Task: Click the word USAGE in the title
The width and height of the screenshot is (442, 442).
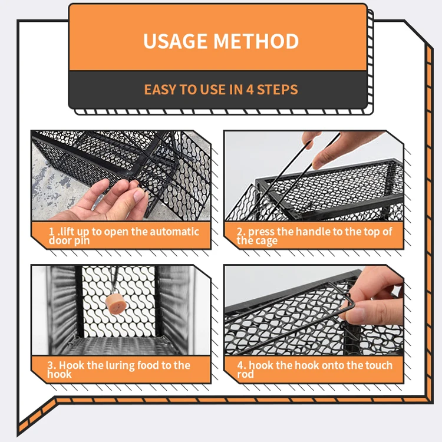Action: [175, 41]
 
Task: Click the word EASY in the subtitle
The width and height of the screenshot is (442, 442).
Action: [160, 90]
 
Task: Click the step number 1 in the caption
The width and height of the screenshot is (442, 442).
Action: [52, 232]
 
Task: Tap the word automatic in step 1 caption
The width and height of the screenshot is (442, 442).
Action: [175, 232]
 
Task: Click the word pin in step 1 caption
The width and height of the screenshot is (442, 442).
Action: [83, 240]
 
